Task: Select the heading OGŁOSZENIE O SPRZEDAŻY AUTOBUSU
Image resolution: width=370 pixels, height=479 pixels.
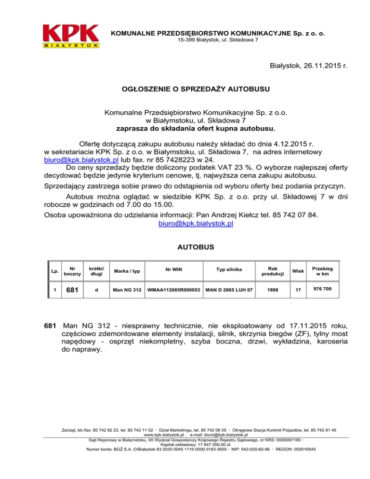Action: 195,89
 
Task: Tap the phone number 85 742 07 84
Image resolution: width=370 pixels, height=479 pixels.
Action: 294,214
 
